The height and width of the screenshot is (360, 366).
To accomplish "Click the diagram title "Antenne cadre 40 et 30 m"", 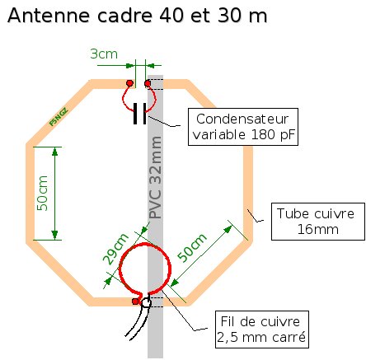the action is (x=138, y=16).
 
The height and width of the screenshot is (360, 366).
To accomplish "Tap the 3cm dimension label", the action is (x=104, y=54).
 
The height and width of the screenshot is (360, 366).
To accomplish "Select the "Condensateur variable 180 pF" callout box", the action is (x=243, y=127).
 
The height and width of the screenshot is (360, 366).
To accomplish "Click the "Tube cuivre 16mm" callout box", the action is (x=318, y=222).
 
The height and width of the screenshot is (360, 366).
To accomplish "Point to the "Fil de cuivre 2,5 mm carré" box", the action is (x=262, y=330).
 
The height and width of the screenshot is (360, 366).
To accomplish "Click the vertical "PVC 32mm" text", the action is (x=156, y=178).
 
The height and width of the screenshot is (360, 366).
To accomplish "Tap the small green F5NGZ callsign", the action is (x=59, y=117).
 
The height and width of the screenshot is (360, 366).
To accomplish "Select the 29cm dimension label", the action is (x=115, y=249).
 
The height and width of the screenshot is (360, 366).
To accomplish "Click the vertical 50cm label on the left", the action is (x=42, y=194).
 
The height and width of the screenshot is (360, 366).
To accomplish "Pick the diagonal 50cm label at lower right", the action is (x=192, y=248).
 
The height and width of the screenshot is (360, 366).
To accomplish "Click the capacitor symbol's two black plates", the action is (x=140, y=114).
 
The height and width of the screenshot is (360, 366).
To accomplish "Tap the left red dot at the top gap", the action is (x=129, y=83).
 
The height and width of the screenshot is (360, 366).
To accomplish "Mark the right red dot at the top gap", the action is (x=148, y=83).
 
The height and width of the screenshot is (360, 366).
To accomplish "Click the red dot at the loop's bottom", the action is (x=135, y=302).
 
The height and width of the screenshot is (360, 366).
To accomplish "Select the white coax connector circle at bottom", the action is (x=146, y=302).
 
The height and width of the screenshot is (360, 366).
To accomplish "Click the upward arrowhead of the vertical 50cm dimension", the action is (x=55, y=152).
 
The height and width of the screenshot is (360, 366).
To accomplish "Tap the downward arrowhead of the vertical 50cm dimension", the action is (x=55, y=236).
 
